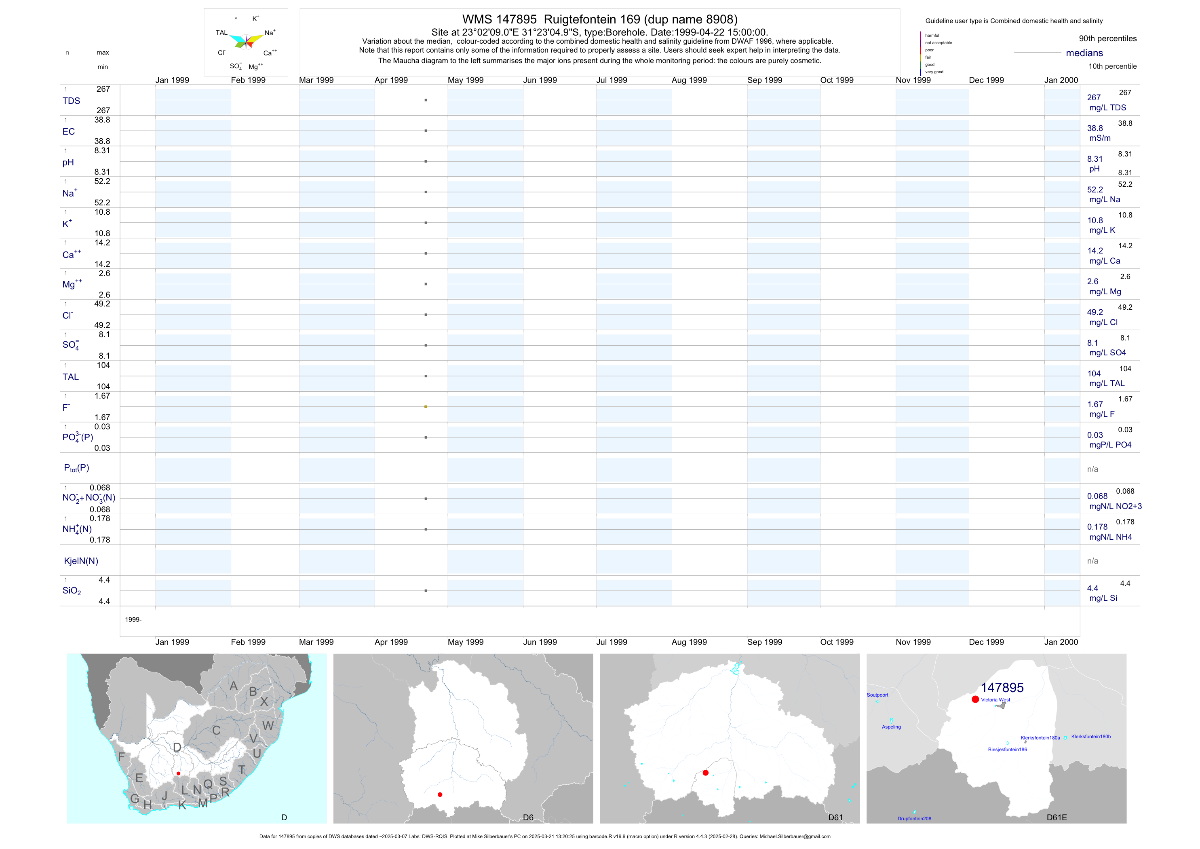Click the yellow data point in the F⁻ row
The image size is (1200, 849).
pos(426,407)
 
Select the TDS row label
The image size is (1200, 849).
pos(71,101)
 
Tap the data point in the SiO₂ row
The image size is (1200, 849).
pos(426,591)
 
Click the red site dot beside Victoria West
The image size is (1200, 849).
pos(975,699)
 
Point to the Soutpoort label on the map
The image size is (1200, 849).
pos(877,695)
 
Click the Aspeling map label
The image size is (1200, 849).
pos(891,727)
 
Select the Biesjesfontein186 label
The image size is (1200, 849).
pos(1007,750)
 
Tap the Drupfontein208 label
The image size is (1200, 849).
pos(914,819)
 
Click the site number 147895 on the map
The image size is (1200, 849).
pos(1002,688)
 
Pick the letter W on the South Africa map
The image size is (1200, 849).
pos(268,726)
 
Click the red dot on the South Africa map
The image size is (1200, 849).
pos(178,774)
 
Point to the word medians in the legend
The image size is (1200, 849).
pos(1084,53)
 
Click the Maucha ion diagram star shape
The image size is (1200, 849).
pos(246,41)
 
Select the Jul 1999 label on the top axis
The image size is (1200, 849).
pos(612,80)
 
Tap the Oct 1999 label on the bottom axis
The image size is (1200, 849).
pos(837,642)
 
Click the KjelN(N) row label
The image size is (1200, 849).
pos(81,561)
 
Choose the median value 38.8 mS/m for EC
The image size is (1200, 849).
pos(1095,129)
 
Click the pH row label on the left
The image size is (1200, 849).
pos(68,163)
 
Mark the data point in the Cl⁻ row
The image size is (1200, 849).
pos(426,315)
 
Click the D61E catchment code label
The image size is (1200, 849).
pos(1057,817)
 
